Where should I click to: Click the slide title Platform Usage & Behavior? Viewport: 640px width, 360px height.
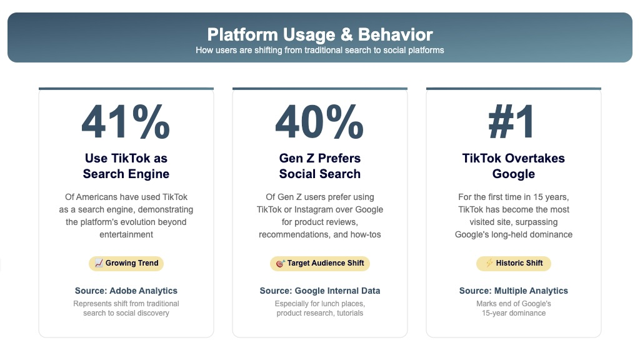pos(319,34)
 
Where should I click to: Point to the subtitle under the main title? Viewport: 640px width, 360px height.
pos(319,50)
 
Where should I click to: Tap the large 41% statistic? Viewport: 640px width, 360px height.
pos(126,122)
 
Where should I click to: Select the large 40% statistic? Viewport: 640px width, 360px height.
pos(319,122)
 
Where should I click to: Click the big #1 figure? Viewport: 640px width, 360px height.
pos(513,122)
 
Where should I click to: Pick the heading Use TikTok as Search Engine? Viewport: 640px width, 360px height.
pos(126,166)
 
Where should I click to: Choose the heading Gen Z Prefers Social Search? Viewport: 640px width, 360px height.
pos(319,166)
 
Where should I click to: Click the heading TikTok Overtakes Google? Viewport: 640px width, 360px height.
pos(513,166)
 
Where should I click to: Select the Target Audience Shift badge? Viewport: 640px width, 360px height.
pos(319,263)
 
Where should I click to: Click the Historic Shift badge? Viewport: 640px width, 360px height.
pos(513,263)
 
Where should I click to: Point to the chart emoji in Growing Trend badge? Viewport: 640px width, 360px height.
pos(99,263)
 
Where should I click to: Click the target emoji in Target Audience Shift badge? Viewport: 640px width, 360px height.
pos(280,263)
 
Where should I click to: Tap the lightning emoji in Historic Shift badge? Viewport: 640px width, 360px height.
pos(489,263)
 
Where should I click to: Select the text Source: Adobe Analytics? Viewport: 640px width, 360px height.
pos(126,291)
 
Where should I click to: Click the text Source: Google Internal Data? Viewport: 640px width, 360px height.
pos(319,291)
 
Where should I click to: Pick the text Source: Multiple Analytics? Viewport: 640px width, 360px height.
pos(513,291)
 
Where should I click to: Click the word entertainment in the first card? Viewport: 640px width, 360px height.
pos(126,234)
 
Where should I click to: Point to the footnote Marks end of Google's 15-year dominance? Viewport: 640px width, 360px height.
pos(513,308)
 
